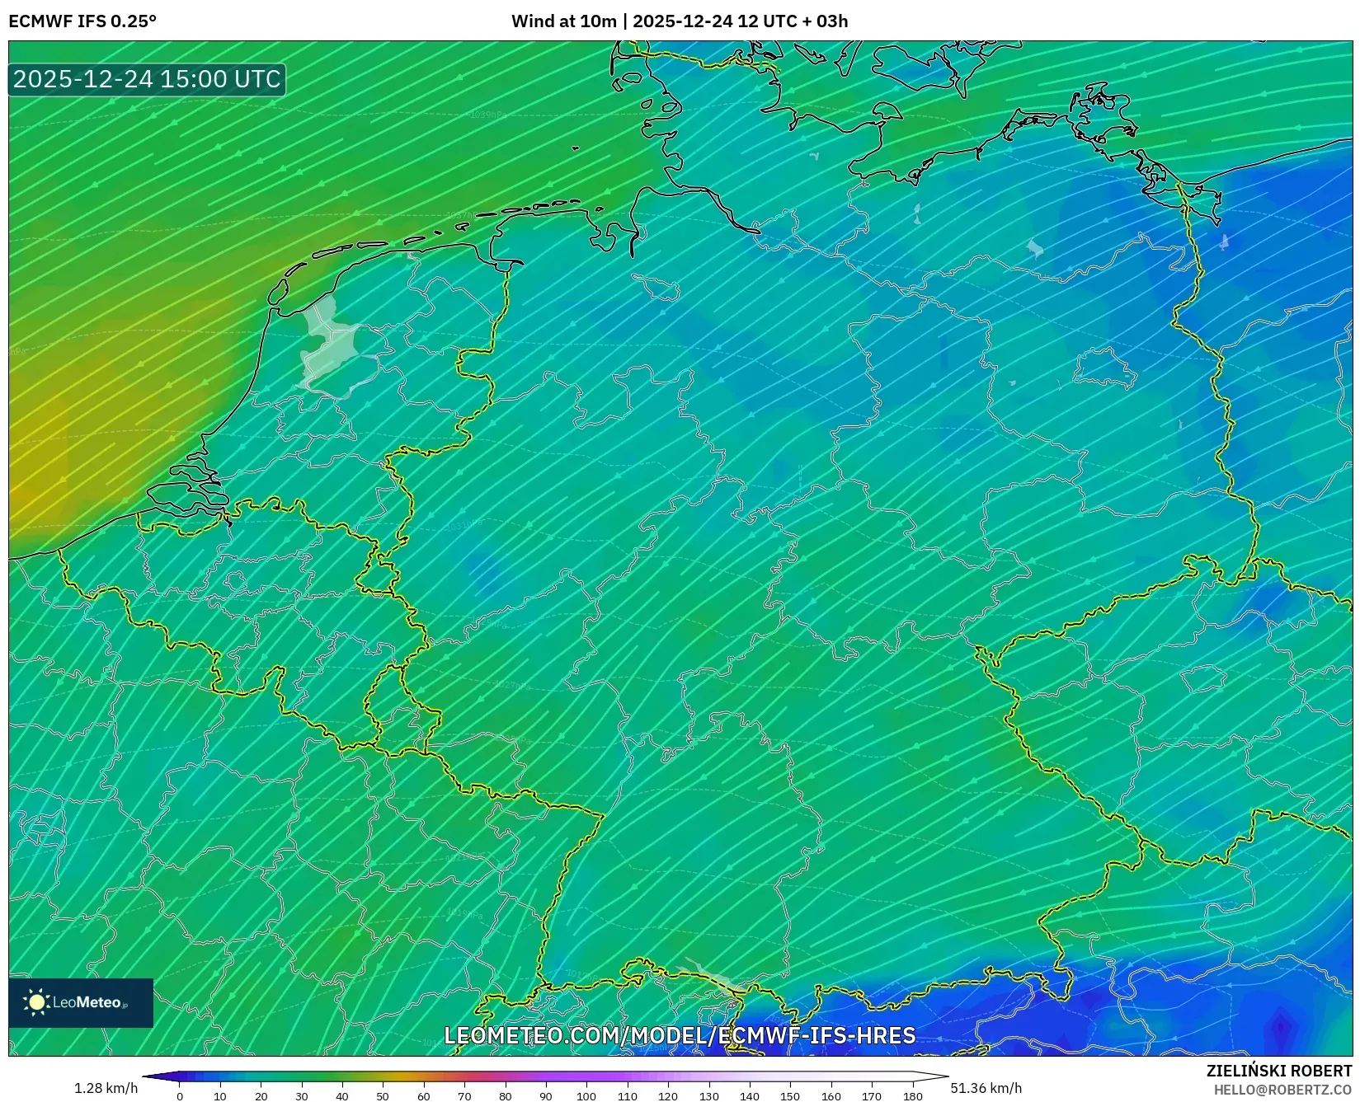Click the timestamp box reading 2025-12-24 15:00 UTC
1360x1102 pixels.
click(x=147, y=80)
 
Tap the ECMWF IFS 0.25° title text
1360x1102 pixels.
click(x=82, y=21)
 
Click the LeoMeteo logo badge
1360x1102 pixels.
click(x=81, y=1002)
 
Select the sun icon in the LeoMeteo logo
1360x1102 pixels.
click(x=36, y=1002)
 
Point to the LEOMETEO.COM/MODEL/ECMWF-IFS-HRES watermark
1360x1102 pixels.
click(x=680, y=1036)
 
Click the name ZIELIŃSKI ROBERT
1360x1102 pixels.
click(x=1279, y=1071)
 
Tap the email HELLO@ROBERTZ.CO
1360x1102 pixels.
click(x=1282, y=1090)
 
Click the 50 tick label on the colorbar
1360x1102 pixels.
click(x=383, y=1096)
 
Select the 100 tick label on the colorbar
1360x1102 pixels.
click(x=586, y=1096)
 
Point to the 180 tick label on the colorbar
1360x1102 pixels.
click(x=912, y=1096)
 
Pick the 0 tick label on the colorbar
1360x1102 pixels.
click(x=180, y=1096)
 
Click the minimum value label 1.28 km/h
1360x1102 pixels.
click(x=106, y=1088)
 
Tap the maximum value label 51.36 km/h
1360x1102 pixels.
click(x=986, y=1088)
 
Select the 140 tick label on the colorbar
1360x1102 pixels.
click(x=750, y=1096)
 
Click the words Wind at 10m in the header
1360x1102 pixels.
click(x=563, y=21)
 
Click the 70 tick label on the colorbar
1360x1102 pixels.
click(x=464, y=1096)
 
